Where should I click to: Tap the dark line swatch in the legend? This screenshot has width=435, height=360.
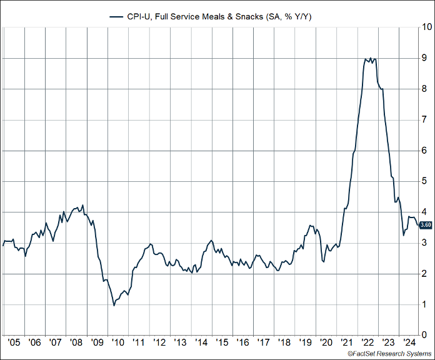pos(117,16)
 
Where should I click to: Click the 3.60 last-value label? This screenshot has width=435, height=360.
pos(425,225)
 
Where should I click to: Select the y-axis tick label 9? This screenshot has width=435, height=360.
pos(424,58)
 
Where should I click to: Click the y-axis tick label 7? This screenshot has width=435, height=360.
pos(424,119)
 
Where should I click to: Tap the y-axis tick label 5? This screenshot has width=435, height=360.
pos(424,181)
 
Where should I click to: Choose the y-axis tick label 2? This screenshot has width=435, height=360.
pos(424,274)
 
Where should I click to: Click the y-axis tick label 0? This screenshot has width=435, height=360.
pos(424,336)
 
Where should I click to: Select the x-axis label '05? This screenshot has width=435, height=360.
pos(13,342)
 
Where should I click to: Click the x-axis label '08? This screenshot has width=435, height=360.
pos(76,342)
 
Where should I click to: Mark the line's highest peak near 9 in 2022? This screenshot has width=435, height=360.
pos(371,58)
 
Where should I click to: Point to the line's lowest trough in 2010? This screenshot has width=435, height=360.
pos(114,305)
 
